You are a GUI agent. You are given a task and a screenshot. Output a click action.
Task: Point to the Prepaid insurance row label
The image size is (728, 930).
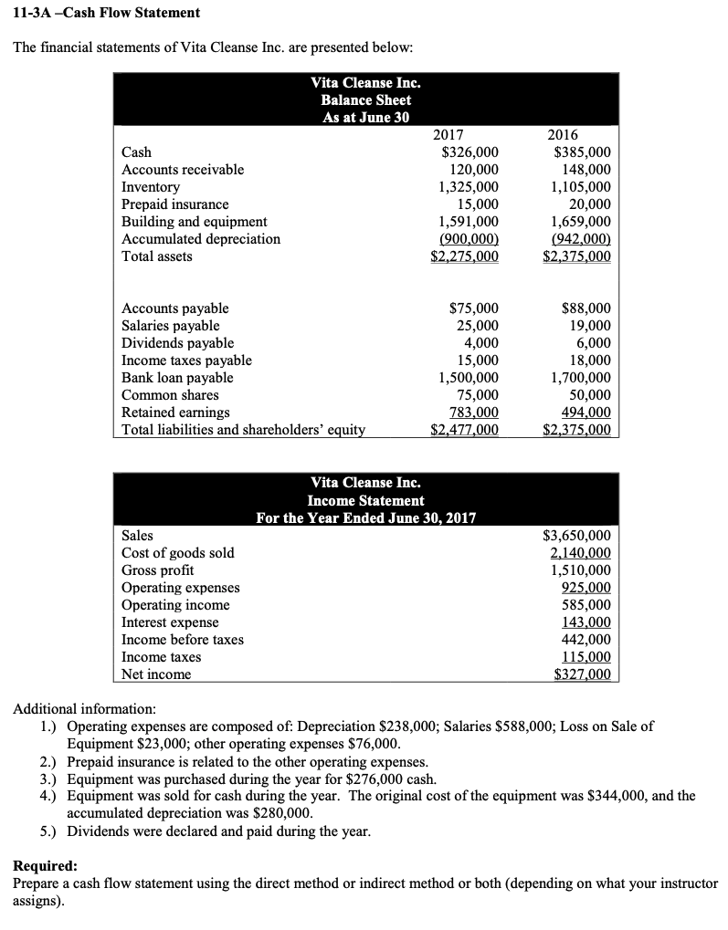175,204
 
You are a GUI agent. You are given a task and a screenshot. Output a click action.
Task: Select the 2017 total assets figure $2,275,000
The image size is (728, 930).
464,256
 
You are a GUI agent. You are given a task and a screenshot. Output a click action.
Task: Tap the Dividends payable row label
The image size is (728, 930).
178,343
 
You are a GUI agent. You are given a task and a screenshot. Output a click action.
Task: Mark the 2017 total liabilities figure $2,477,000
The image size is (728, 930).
464,430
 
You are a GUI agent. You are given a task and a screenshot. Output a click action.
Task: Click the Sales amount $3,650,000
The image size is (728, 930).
577,536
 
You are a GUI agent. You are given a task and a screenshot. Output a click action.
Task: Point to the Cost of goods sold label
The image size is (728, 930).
177,553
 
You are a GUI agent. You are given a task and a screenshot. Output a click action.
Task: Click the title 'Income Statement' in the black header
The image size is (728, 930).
365,500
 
